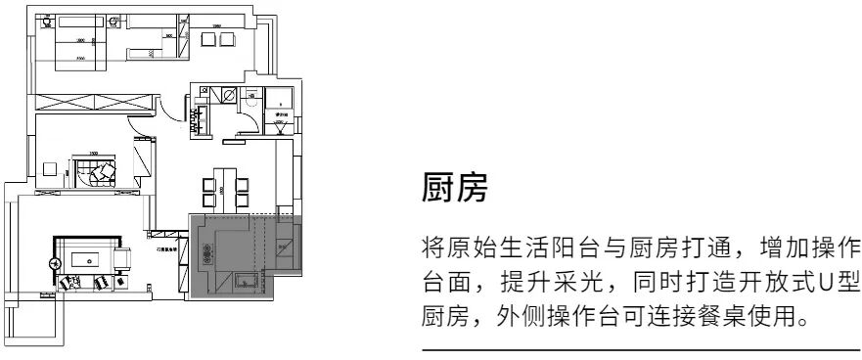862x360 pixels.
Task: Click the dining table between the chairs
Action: (x=223, y=186)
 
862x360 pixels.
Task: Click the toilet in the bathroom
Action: (x=250, y=97)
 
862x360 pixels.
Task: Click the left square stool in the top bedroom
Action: (x=206, y=38)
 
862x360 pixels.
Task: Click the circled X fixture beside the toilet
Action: (x=227, y=96)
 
